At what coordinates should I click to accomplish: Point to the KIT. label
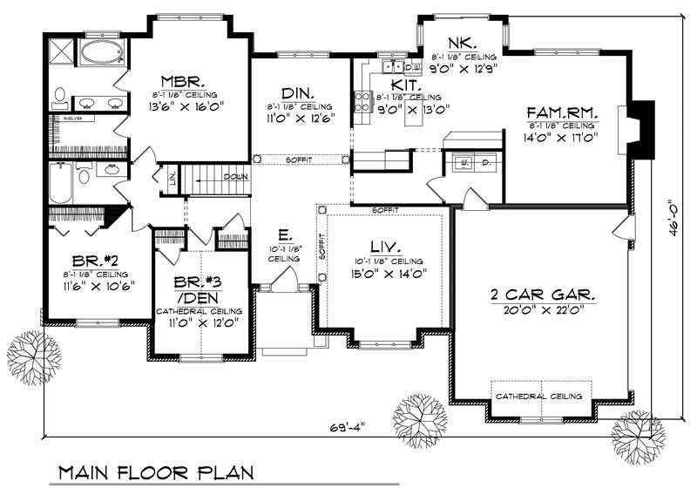tap(406, 85)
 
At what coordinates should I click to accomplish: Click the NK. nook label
tap(460, 43)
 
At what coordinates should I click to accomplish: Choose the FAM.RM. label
tap(561, 112)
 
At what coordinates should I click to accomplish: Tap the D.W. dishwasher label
tap(413, 66)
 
